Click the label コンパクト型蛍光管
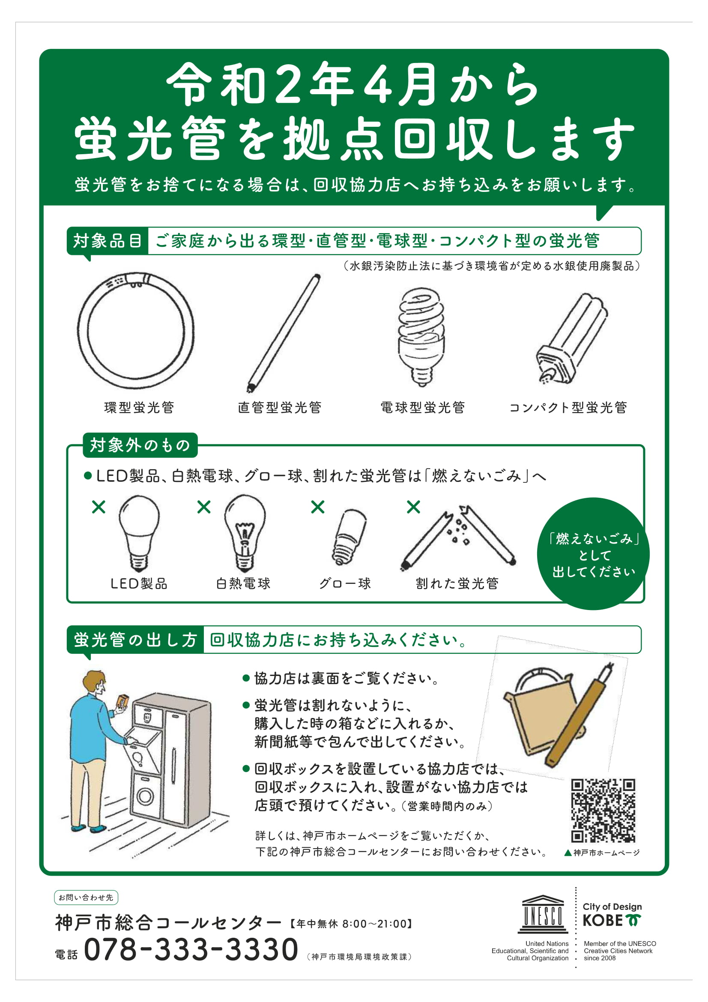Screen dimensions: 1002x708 568,407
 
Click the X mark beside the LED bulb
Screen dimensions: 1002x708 99,507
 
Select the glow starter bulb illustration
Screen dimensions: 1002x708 350,537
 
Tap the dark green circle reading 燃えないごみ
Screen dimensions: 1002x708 593,555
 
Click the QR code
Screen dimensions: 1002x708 603,811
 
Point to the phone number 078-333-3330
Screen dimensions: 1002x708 191,950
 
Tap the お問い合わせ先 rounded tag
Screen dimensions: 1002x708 86,897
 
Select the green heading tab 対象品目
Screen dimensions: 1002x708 108,241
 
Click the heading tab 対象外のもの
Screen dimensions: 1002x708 140,445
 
